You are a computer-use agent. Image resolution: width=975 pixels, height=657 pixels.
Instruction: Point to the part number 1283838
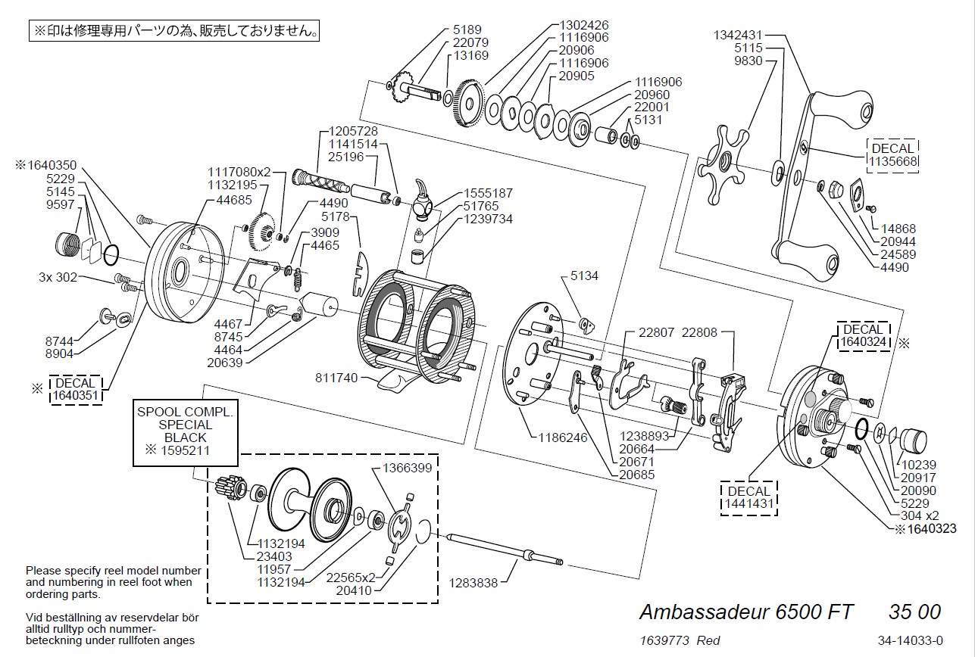pos(474,583)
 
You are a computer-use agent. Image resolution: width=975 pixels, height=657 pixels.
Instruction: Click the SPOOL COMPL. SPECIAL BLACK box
pos(186,432)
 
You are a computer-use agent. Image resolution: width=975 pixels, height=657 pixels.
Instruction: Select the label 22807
pos(655,332)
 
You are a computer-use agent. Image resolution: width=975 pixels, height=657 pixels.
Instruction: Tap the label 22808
pos(698,332)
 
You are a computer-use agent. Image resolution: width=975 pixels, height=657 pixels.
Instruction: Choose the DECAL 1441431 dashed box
pos(748,497)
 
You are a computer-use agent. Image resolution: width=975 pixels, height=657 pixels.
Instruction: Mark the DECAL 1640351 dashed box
pos(76,389)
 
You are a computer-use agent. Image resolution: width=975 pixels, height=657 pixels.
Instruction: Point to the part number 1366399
pos(407,468)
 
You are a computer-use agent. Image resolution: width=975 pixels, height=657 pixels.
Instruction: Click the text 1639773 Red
pos(680,640)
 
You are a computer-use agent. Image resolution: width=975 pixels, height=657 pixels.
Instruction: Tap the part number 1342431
pos(738,35)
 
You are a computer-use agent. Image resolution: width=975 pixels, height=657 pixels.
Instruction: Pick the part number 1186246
pos(563,437)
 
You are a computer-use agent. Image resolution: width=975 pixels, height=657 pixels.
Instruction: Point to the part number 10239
pos(918,465)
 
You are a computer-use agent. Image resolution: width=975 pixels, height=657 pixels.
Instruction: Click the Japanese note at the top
pos(175,32)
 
